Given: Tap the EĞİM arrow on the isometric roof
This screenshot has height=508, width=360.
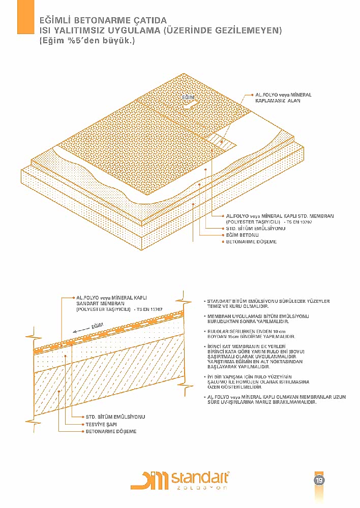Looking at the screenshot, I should click(x=189, y=104).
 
